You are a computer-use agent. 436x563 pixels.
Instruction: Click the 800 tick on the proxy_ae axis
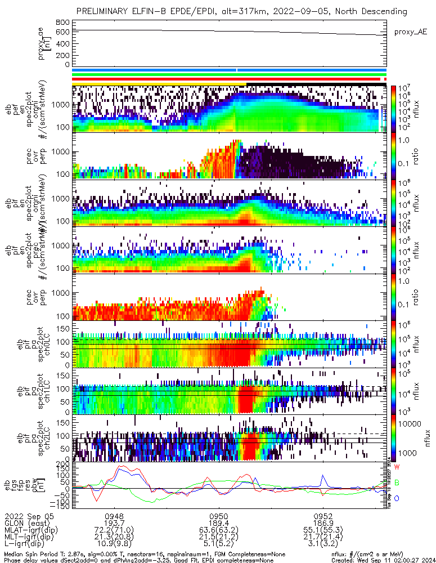coord(62,22)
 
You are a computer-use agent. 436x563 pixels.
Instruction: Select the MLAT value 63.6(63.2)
coord(218,530)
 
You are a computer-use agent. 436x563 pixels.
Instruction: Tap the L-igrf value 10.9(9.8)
coord(114,545)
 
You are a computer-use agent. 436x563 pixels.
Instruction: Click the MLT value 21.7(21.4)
coord(323,538)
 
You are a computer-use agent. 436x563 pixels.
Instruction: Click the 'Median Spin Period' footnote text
coord(39,554)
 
